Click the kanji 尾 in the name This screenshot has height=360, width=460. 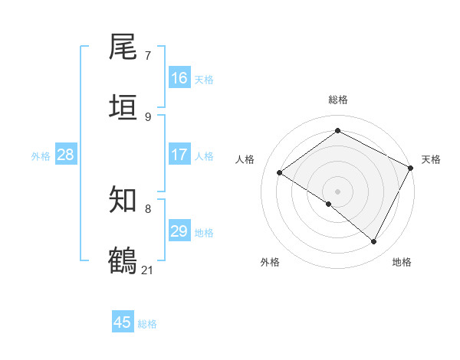click(123, 47)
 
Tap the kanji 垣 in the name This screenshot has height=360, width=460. click(123, 106)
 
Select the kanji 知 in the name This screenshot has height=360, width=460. click(123, 200)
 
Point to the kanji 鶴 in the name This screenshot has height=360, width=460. click(123, 259)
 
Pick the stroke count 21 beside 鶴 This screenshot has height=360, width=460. click(148, 269)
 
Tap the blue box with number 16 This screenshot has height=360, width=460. click(179, 78)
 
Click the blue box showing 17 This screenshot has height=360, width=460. click(179, 155)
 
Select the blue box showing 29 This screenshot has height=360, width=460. click(179, 231)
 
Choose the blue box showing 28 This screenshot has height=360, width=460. click(65, 155)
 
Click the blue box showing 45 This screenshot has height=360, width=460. click(123, 322)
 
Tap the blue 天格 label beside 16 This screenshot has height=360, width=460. click(204, 79)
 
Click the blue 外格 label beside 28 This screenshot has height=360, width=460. click(41, 155)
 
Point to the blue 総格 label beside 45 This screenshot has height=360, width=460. click(147, 323)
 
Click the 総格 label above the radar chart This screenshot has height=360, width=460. click(338, 100)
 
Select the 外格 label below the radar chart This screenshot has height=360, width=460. click(270, 262)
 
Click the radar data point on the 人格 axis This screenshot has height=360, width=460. click(280, 173)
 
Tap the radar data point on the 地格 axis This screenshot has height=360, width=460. click(374, 242)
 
